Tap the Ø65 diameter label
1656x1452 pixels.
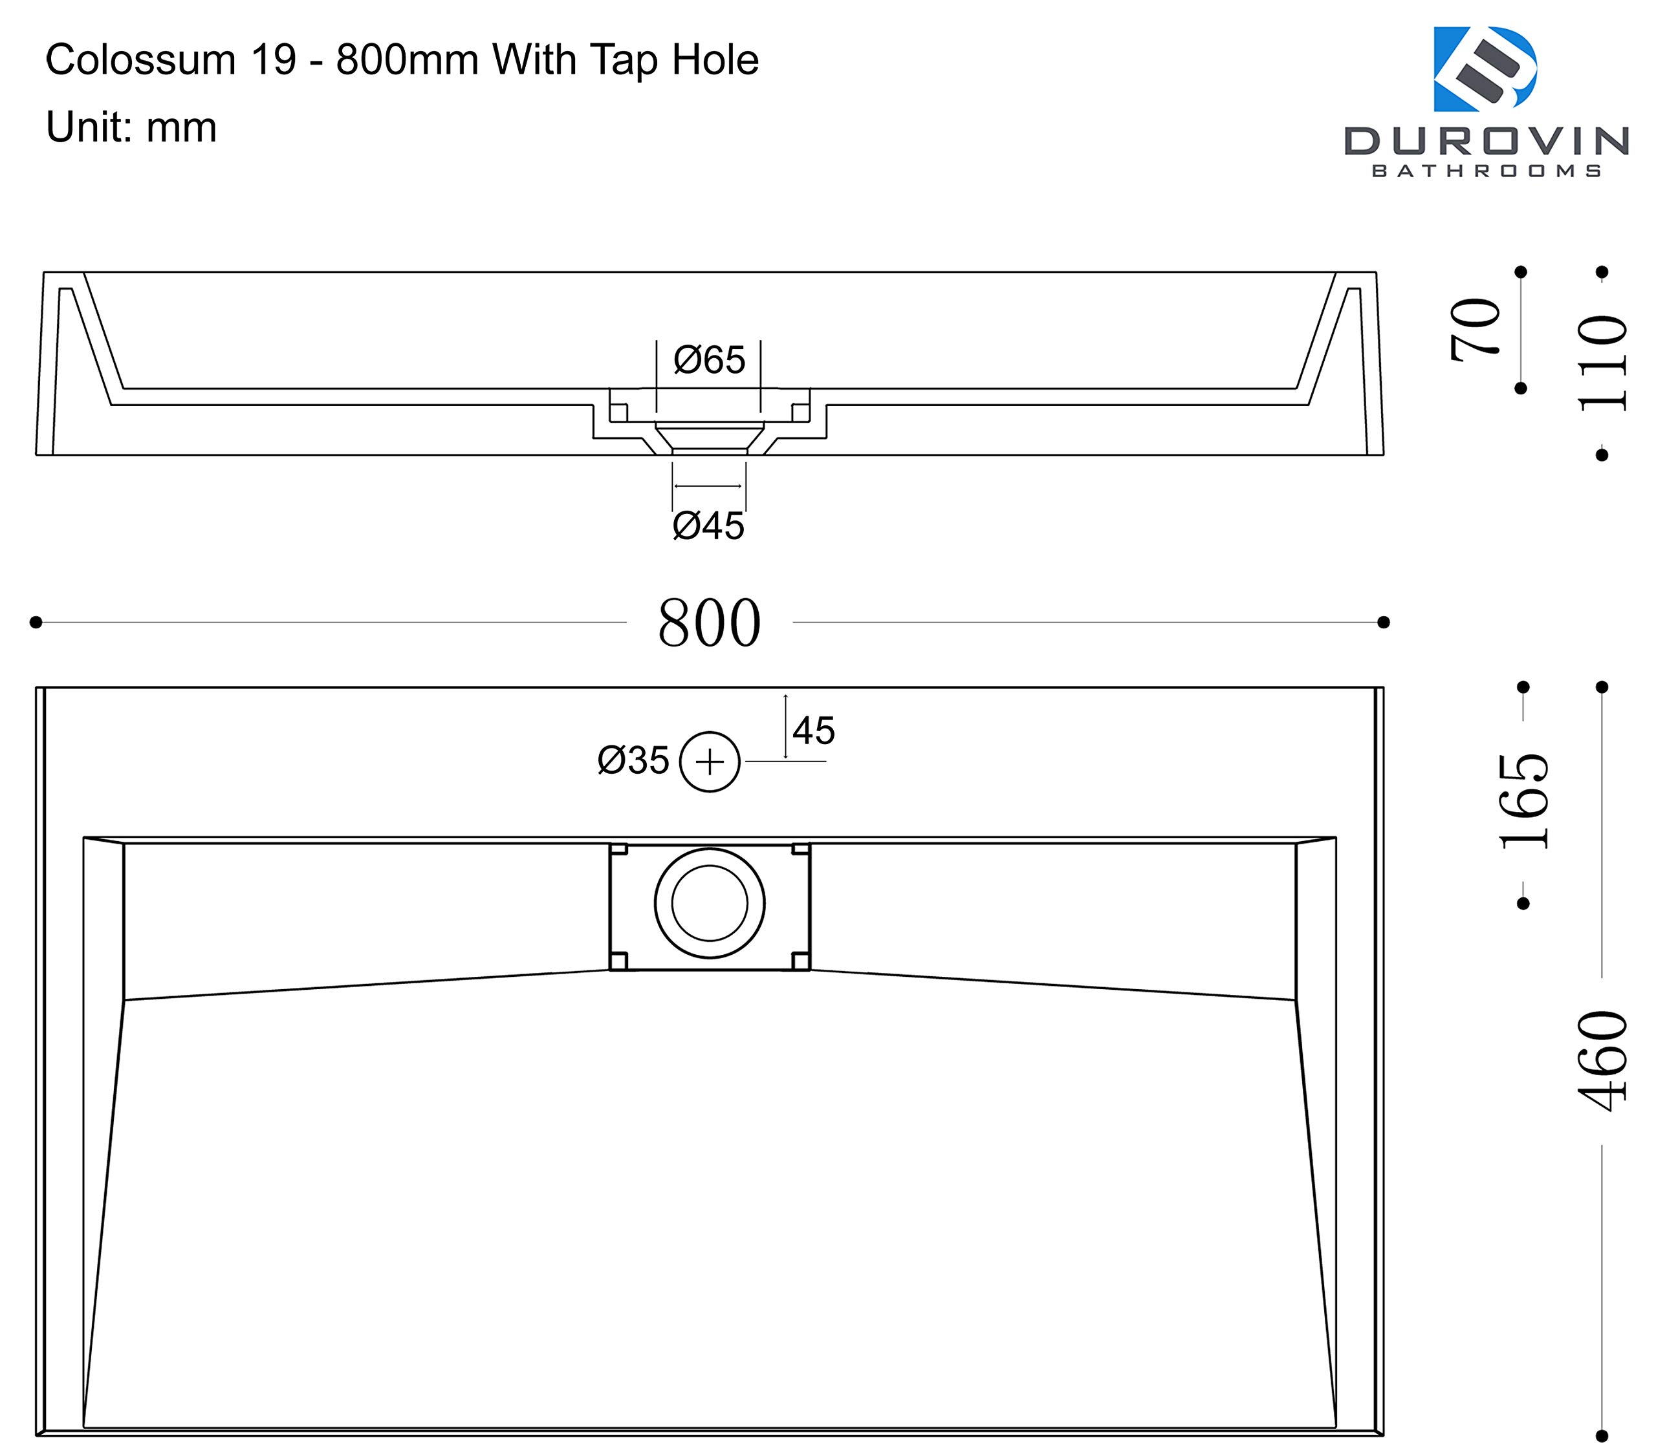tap(709, 360)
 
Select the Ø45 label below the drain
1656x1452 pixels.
tap(708, 526)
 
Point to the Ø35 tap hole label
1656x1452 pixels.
tap(633, 760)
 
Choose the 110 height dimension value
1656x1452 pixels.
tap(1602, 363)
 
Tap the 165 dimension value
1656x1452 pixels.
tap(1524, 801)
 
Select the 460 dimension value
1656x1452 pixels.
tap(1602, 1061)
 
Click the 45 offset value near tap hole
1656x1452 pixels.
tap(813, 731)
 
